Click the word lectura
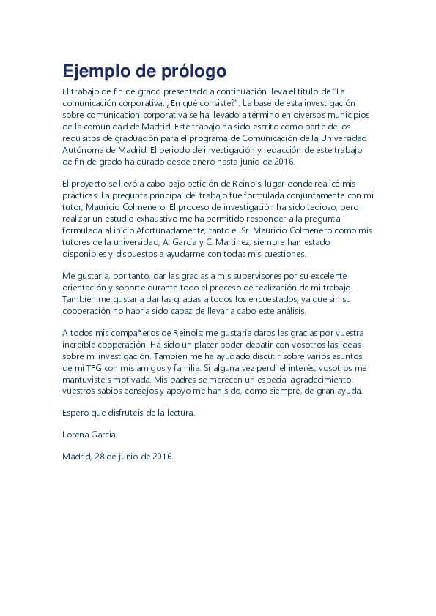[x=179, y=413]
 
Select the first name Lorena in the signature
[x=76, y=435]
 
